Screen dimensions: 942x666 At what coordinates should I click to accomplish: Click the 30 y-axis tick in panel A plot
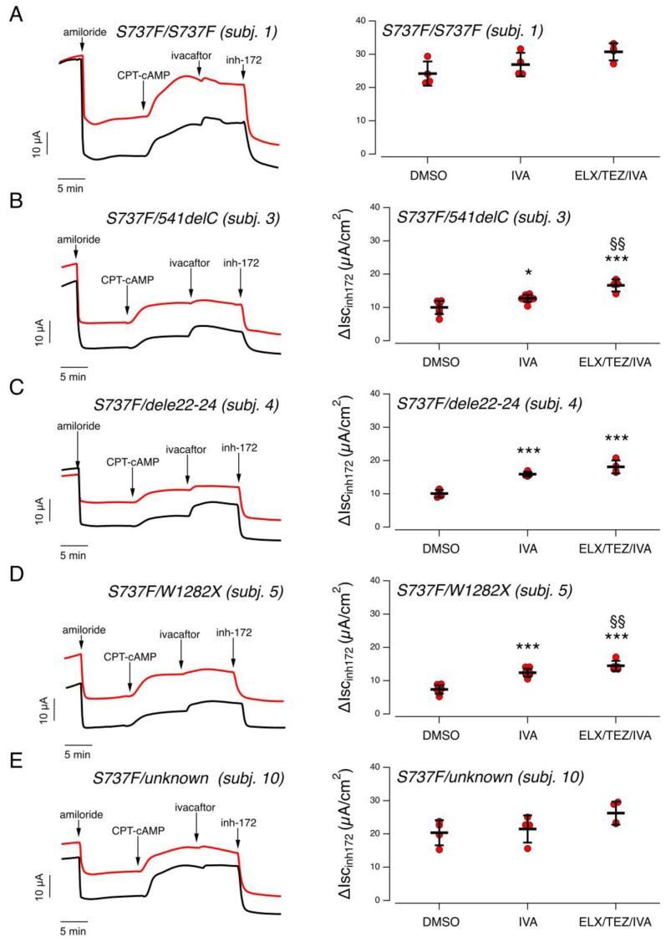[360, 54]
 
